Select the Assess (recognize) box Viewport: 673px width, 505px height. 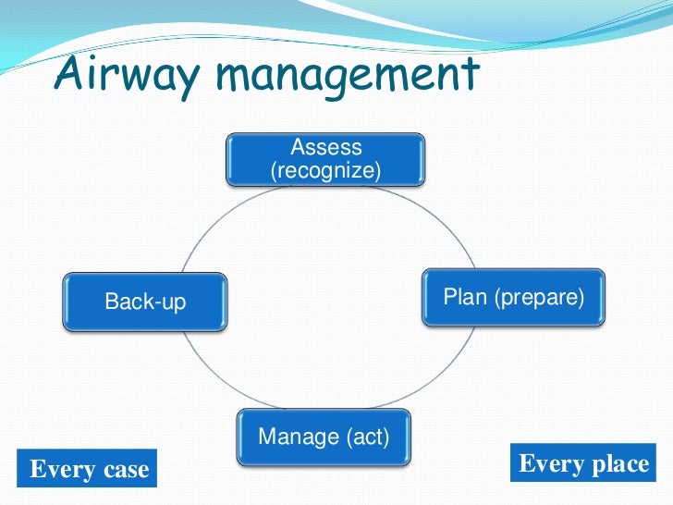(325, 158)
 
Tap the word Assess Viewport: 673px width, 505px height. (326, 147)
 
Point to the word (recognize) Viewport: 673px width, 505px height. (325, 170)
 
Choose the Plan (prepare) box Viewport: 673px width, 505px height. (514, 297)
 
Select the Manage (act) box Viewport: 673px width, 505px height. (324, 437)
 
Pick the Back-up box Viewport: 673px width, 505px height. (145, 302)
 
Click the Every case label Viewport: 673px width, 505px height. (89, 469)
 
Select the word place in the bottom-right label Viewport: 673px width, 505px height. (620, 463)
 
